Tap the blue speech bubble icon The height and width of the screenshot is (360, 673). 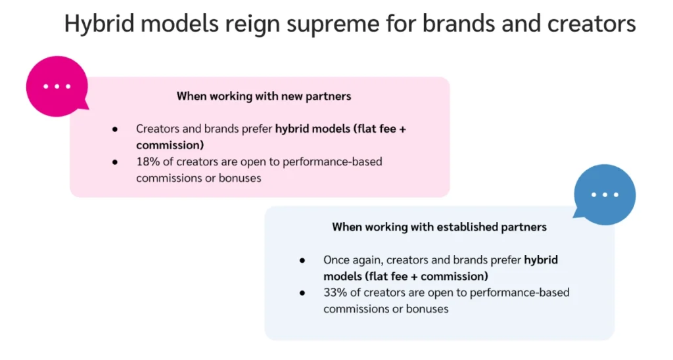tap(604, 195)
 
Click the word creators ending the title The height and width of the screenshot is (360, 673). tap(592, 24)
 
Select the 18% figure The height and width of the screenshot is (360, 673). tap(148, 162)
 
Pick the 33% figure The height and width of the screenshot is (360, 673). tap(335, 292)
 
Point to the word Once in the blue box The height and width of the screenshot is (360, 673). tap(337, 260)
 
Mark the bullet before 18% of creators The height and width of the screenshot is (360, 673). tap(115, 162)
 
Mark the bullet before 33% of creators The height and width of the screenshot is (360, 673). tap(302, 292)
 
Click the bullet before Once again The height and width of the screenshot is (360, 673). tap(302, 260)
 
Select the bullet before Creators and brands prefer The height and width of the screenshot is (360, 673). tap(115, 129)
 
